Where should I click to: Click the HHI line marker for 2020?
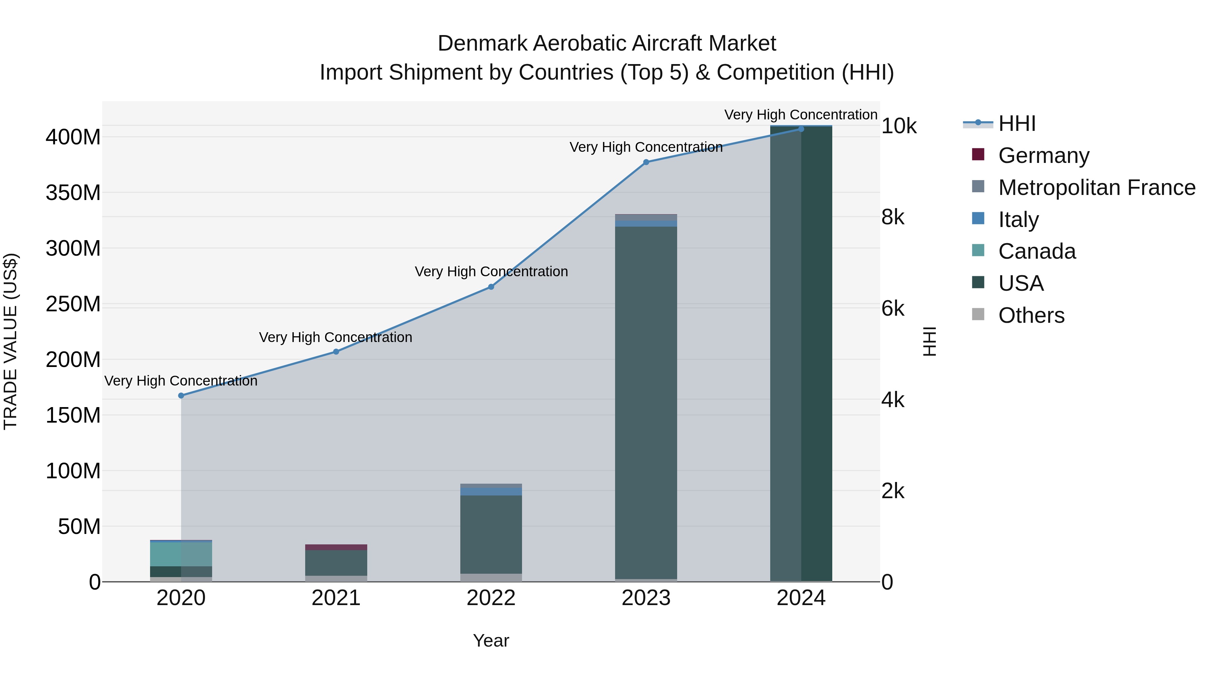tap(181, 396)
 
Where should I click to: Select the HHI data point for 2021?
tap(336, 352)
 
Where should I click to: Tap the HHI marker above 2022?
tap(491, 287)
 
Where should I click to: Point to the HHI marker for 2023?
tap(646, 162)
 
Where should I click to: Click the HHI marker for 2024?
tap(801, 129)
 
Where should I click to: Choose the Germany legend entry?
tap(1043, 155)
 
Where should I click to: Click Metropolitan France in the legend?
tap(1097, 188)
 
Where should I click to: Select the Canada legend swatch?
tap(978, 250)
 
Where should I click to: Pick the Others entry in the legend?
tap(1031, 315)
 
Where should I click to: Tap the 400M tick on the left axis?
tap(73, 138)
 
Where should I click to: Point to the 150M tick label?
tap(73, 415)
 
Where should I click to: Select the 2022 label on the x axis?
tap(491, 598)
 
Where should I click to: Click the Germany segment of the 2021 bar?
tap(336, 547)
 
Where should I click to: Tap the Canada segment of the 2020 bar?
tap(181, 554)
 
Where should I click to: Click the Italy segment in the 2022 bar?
tap(491, 491)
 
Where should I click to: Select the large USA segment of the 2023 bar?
tap(646, 401)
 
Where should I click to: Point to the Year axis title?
tap(491, 641)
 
